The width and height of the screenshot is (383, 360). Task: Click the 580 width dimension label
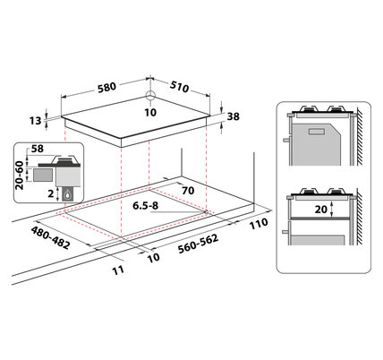coord(106,87)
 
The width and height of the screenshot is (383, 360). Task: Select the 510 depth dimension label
coord(180,87)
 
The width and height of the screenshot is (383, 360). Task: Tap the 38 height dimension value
coord(234,116)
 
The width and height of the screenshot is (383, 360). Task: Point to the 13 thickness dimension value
coord(35,121)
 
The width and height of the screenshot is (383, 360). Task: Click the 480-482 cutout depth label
coord(51,237)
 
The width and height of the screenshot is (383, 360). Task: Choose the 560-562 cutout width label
coord(198,244)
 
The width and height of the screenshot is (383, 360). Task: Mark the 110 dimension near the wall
coord(259,224)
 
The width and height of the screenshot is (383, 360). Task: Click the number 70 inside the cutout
coord(188,191)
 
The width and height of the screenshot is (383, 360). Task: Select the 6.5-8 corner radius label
coord(146,205)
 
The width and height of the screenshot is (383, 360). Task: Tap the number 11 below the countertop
coord(118,270)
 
